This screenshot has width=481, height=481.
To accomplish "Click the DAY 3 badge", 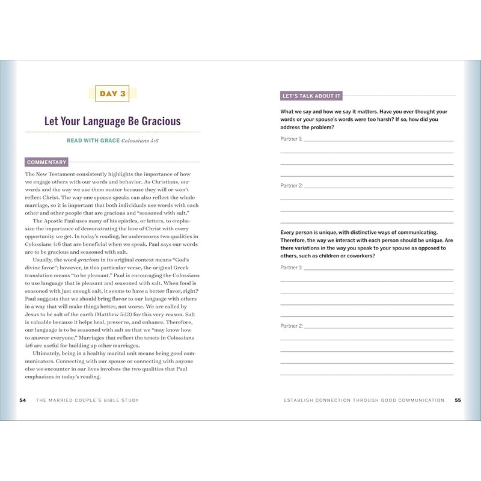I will click(112, 94).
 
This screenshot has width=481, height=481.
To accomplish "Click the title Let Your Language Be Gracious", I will click(112, 121).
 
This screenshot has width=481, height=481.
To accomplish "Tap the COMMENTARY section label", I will click(46, 162).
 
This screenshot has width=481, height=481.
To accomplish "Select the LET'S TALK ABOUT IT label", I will click(311, 96).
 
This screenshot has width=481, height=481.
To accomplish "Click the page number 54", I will click(23, 400).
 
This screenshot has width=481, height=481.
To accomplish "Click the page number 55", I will click(458, 400).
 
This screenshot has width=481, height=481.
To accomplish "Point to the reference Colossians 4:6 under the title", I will click(140, 141).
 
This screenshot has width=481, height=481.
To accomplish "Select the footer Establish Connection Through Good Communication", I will click(365, 400).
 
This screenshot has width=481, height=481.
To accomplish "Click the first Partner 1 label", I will click(291, 139).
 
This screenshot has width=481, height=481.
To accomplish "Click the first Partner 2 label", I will click(291, 186).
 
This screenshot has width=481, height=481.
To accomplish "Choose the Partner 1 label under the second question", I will click(291, 268).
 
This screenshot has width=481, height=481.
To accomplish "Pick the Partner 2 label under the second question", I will click(291, 326).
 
